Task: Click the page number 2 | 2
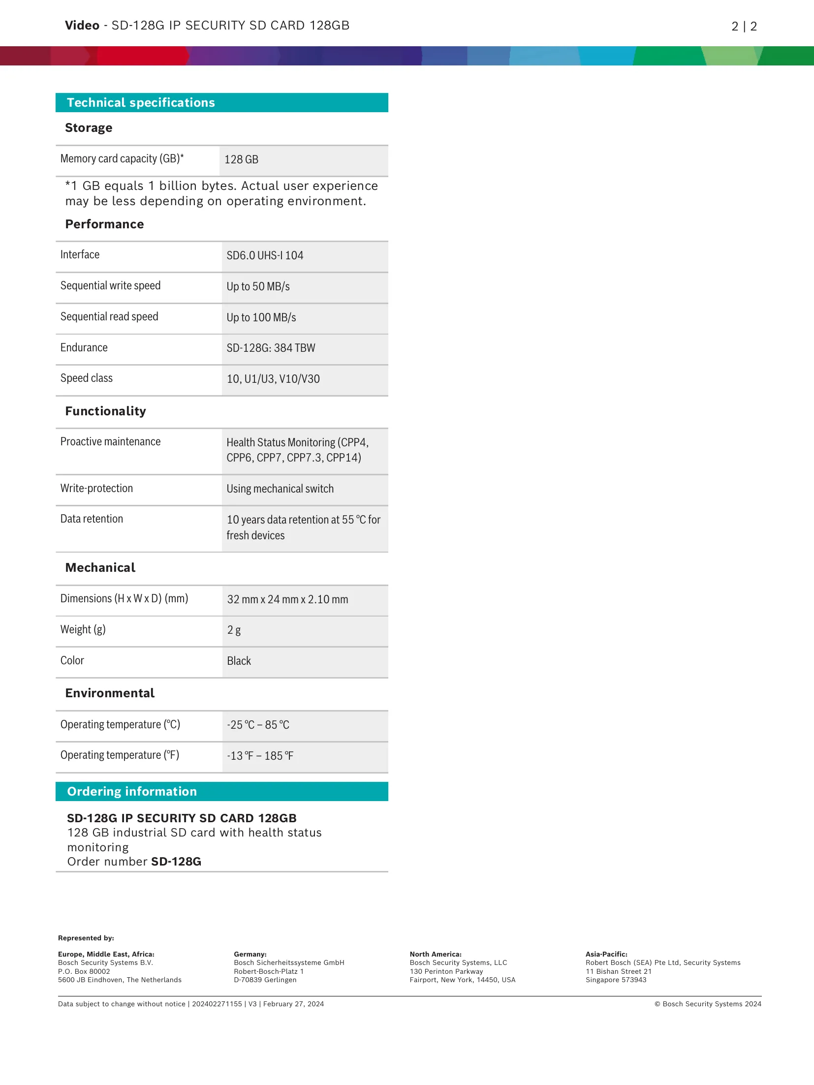coord(744,26)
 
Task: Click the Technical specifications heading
coord(141,102)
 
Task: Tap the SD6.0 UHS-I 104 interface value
coord(265,255)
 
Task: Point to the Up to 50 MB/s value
coord(258,286)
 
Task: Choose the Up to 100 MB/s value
coord(261,317)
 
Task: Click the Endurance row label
coord(84,347)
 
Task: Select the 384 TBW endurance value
coord(271,348)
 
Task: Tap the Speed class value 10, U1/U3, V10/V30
coord(273,379)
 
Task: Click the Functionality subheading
coord(105,411)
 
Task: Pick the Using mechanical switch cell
coord(280,489)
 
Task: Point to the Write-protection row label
coord(96,488)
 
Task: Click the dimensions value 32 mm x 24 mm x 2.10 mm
coord(287,599)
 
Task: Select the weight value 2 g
coord(234,630)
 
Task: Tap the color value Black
coord(239,661)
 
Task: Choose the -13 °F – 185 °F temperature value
coord(260,756)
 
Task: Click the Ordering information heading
coord(132,791)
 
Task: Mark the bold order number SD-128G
coord(176,862)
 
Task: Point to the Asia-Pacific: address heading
coord(606,954)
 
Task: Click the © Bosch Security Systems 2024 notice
coord(708,1004)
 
